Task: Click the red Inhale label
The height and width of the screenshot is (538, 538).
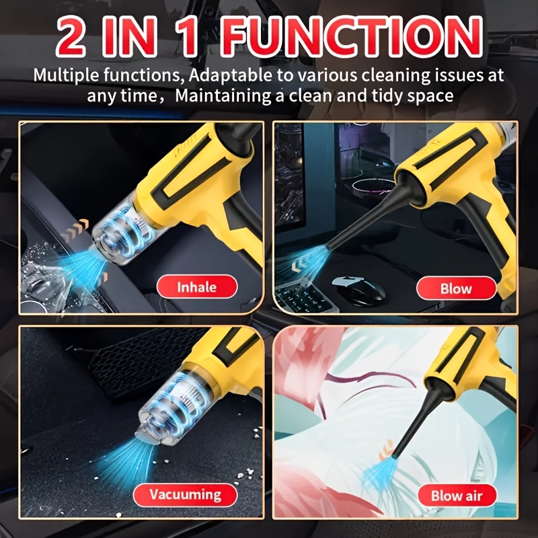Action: (197, 286)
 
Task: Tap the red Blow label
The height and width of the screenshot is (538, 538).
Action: (456, 289)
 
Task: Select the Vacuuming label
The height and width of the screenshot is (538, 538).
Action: (186, 495)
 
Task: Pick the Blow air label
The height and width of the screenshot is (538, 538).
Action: (457, 496)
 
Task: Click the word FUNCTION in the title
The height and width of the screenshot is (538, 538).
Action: (351, 37)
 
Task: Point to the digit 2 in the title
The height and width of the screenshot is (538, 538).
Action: (71, 37)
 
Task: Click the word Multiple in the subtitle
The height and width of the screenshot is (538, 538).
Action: (67, 75)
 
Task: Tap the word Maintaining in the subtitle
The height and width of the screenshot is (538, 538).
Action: (223, 95)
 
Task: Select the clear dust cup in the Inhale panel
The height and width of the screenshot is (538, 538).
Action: (120, 230)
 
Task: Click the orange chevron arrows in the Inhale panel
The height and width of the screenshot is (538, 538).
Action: (75, 231)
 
